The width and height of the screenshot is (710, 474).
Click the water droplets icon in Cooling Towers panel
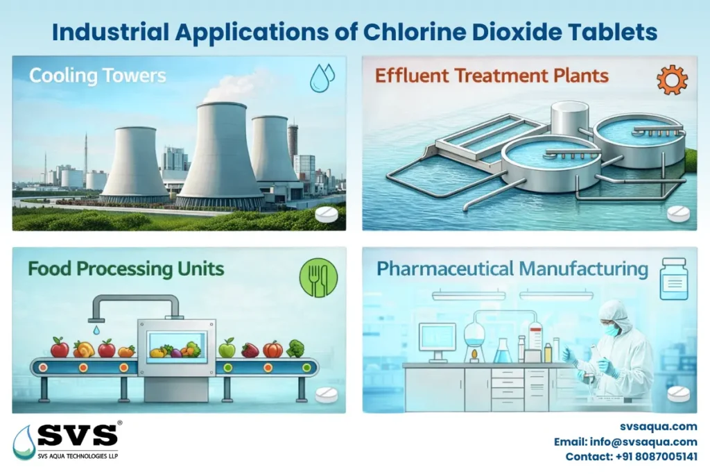(x=322, y=78)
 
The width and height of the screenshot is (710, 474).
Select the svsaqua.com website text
(x=659, y=427)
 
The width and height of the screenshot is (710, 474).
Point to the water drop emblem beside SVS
(x=24, y=443)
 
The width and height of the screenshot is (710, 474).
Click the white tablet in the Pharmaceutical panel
(x=678, y=393)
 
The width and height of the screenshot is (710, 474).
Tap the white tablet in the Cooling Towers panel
(x=326, y=214)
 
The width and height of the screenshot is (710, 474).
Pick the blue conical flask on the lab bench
(x=502, y=352)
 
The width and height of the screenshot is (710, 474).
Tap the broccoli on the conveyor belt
(x=295, y=348)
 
